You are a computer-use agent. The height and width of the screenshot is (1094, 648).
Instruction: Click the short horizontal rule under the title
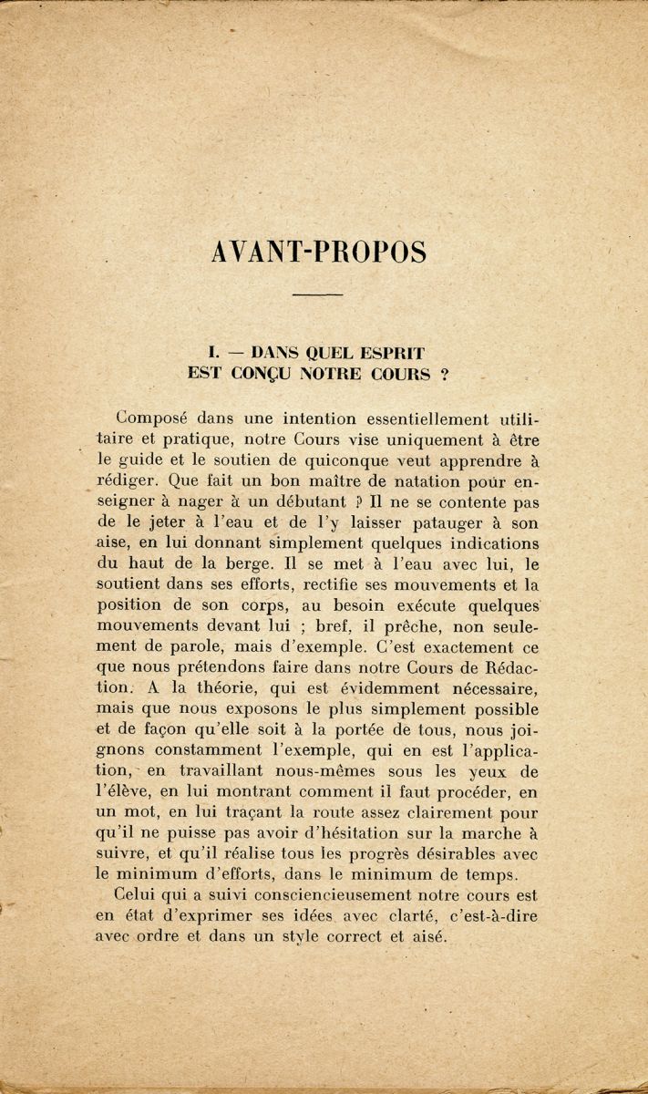point(319,294)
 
